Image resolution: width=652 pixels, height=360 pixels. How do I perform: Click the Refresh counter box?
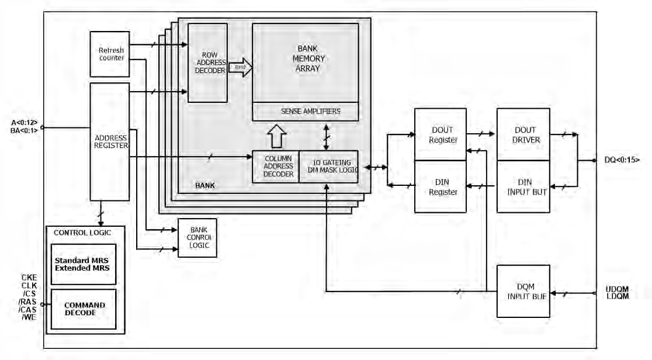coord(110,54)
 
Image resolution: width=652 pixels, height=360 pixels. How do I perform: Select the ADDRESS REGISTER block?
coord(110,141)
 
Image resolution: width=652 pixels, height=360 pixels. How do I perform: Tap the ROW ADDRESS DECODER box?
coord(207,63)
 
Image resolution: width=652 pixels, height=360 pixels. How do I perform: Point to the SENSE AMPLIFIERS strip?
coord(305,111)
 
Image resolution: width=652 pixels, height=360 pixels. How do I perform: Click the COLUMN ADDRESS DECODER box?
coord(275,166)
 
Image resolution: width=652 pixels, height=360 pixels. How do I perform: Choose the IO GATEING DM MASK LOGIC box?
coord(328,166)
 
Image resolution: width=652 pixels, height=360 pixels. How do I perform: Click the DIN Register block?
coord(440,186)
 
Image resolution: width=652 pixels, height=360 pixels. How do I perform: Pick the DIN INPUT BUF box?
coord(523,186)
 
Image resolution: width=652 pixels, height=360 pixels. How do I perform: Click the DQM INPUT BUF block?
coord(523,291)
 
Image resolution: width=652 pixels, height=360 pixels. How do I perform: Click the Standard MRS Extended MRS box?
coord(83,264)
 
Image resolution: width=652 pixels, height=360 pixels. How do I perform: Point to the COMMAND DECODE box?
coord(83,309)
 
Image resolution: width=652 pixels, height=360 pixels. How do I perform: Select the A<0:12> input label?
coord(23,122)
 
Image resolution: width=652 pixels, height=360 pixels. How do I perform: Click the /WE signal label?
coord(29,317)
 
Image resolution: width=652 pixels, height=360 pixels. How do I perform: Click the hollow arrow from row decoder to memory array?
coord(240,68)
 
